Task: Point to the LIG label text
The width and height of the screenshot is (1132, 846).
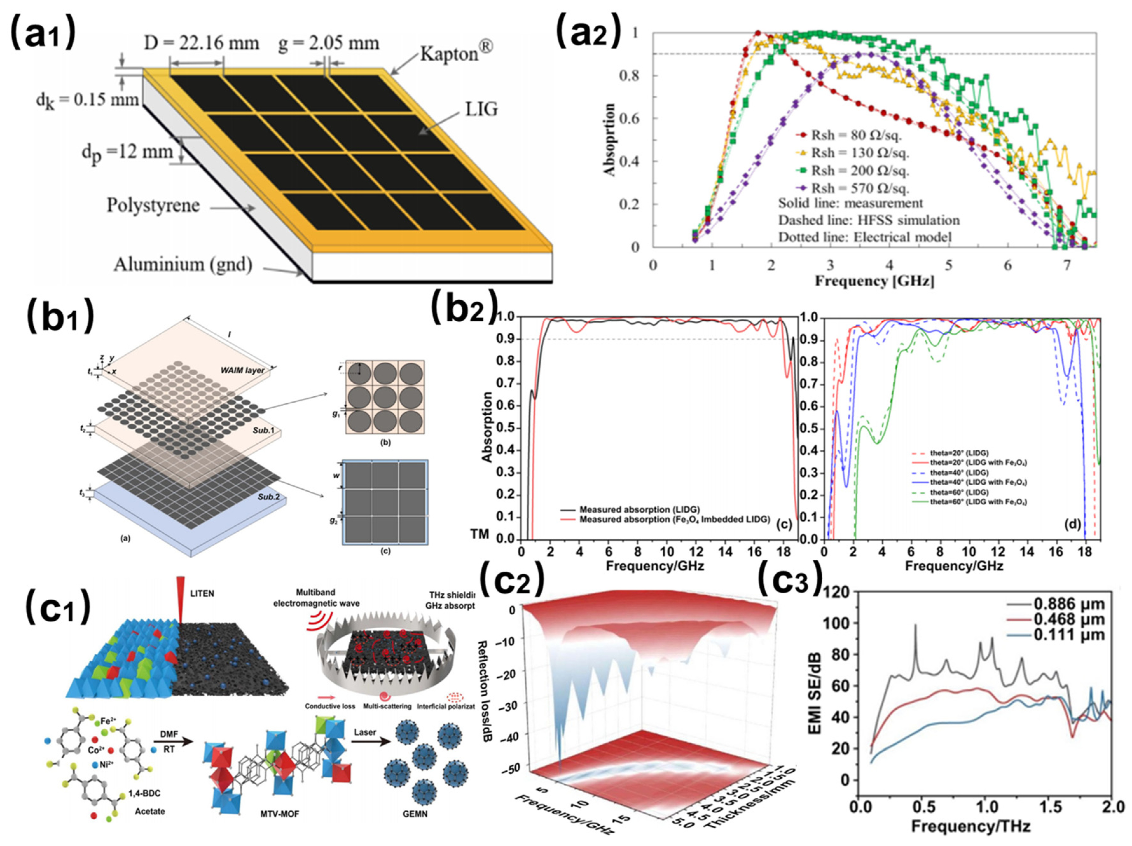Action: coord(481,109)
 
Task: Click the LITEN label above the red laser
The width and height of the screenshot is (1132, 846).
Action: coord(202,593)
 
